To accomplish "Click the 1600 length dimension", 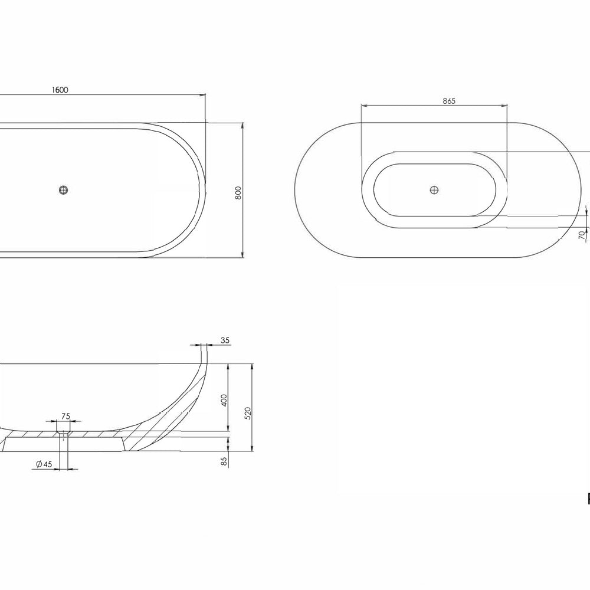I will [x=60, y=90].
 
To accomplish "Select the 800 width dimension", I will [x=238, y=193].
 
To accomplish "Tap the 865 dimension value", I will [x=448, y=101].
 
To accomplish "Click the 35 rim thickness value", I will [x=225, y=340].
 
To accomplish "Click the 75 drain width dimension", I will [x=65, y=416].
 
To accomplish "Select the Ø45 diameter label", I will [x=44, y=464].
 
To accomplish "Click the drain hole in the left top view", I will [x=64, y=190].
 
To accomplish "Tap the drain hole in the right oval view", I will [x=435, y=189].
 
